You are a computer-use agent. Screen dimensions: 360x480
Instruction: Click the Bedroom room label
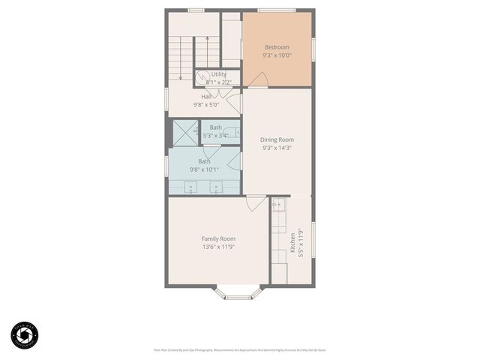277,47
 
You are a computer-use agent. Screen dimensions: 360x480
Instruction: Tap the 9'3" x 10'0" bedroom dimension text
277,55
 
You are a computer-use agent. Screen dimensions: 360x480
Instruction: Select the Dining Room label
277,139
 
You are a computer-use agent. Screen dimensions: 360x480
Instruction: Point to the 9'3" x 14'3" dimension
277,148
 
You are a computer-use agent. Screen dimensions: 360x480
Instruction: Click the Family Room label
218,238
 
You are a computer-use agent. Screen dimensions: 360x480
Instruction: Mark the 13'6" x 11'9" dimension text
218,247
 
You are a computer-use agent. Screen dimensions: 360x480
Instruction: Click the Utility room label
218,74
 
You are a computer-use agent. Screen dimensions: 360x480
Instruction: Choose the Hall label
206,96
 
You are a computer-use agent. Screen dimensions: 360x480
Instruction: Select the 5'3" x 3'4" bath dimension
215,136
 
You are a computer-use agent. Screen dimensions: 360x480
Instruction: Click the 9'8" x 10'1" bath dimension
203,169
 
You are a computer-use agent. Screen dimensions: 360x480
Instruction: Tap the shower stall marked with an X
184,133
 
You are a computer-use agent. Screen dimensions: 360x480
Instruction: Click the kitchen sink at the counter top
277,202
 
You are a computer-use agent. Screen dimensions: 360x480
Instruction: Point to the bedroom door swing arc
257,79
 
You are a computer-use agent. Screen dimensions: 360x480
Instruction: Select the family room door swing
256,202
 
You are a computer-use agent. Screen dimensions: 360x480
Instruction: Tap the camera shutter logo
24,335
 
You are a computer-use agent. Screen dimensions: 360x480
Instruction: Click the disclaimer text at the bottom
239,349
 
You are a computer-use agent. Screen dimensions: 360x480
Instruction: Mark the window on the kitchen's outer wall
313,240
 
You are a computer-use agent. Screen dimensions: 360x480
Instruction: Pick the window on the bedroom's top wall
276,10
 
